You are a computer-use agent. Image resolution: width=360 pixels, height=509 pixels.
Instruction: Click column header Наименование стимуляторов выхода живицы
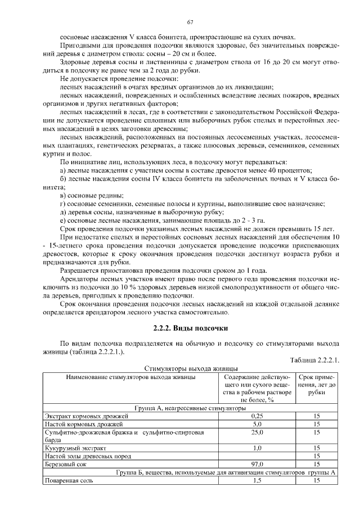(x=130, y=377)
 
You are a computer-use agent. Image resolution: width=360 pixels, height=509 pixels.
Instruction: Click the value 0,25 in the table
(x=258, y=416)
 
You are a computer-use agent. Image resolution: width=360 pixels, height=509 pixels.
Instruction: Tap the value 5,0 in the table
(x=258, y=424)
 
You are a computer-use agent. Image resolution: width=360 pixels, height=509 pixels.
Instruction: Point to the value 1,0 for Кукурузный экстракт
(x=258, y=448)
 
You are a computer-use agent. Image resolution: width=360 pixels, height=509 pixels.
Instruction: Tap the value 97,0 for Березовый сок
(x=258, y=465)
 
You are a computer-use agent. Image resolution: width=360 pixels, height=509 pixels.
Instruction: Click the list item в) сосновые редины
(x=89, y=195)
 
